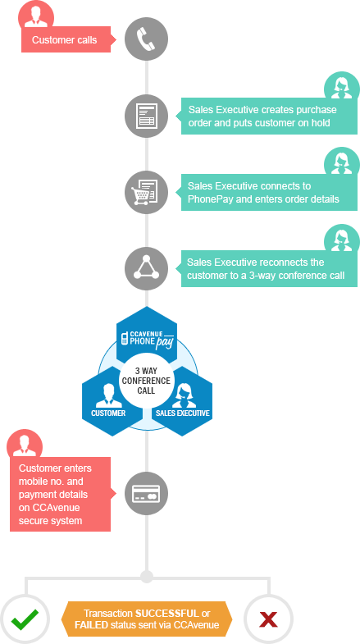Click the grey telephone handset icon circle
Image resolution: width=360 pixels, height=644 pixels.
(x=146, y=39)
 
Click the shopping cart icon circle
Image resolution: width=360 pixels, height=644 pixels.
(x=146, y=192)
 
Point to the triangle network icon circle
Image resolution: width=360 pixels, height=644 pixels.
(x=146, y=268)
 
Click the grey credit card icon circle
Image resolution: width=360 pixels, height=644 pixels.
(x=146, y=493)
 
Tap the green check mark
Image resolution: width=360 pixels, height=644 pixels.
(x=25, y=619)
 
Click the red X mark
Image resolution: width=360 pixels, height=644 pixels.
(x=268, y=619)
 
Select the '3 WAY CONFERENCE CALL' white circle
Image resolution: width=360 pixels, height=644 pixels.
(x=146, y=381)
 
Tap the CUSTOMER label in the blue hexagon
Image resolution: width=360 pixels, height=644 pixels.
(x=108, y=413)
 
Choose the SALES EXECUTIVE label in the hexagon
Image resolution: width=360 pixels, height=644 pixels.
(x=182, y=413)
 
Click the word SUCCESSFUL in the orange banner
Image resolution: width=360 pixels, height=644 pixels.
(x=166, y=614)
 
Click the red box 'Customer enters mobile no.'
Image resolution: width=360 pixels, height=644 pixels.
(x=61, y=494)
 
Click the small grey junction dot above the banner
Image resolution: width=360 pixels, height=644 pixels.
(x=146, y=577)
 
